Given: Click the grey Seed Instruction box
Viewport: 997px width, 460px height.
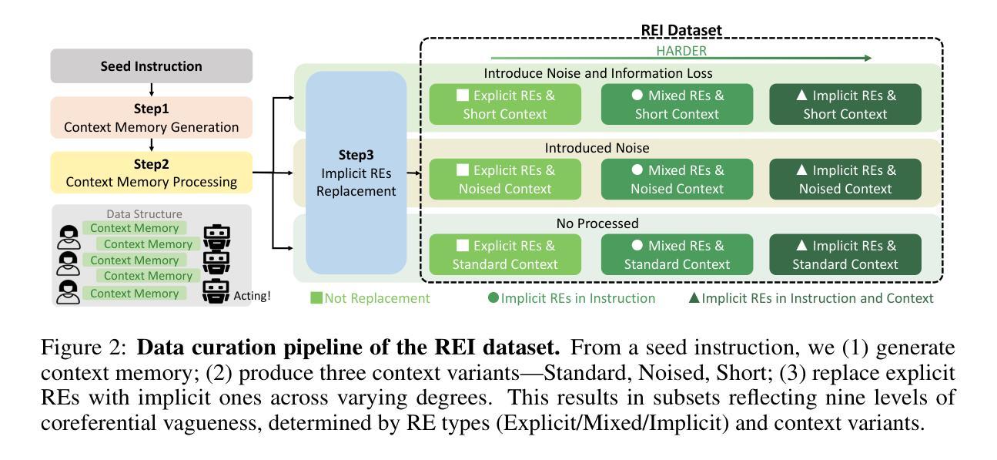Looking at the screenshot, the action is click(x=152, y=66).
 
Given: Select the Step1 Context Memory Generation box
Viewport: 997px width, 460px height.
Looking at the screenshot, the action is click(x=152, y=118).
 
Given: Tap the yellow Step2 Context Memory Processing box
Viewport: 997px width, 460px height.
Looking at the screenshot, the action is click(x=152, y=173).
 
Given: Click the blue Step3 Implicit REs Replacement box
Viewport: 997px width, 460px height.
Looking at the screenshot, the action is click(x=356, y=173).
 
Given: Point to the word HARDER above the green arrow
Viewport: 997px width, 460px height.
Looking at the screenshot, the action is click(x=681, y=51).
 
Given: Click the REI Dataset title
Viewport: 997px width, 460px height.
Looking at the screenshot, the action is click(x=681, y=30).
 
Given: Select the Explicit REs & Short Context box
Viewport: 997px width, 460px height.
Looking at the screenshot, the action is click(x=505, y=104).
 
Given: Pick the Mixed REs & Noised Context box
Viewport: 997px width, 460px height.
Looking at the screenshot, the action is click(x=677, y=179).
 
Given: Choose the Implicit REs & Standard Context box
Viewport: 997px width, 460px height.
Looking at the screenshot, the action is click(x=845, y=254).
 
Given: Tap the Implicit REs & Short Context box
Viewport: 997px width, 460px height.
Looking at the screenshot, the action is click(x=845, y=104).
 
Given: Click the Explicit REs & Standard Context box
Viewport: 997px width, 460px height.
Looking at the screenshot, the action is click(x=505, y=254).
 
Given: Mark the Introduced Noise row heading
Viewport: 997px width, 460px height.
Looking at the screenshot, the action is click(x=597, y=148).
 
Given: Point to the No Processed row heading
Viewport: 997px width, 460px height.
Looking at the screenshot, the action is click(x=597, y=223).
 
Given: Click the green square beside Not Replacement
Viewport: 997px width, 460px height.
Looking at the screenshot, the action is click(x=316, y=298).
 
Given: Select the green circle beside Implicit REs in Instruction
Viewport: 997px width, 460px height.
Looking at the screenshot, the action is click(x=493, y=297).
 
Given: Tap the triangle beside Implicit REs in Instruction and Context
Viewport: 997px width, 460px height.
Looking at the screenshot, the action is click(x=694, y=298).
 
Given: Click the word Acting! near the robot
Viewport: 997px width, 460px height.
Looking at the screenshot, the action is click(x=252, y=296).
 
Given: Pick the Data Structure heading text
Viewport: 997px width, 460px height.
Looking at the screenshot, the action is click(x=144, y=213).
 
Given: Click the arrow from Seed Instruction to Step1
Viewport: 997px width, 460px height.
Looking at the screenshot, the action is click(x=152, y=89).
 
